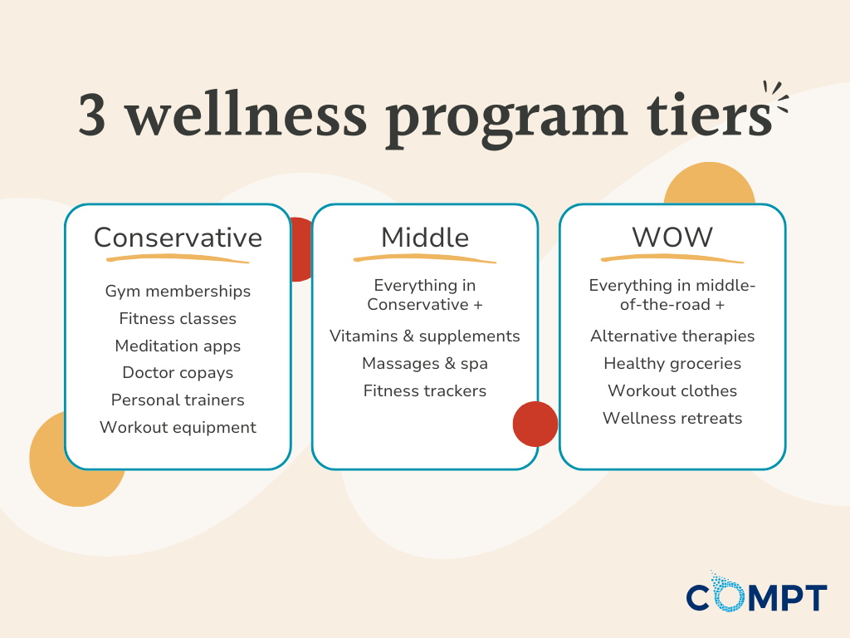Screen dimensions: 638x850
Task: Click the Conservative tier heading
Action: [178, 238]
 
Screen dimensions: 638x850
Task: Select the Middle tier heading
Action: [425, 238]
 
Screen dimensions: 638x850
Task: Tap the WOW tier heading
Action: [672, 238]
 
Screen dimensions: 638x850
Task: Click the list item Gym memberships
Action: [178, 292]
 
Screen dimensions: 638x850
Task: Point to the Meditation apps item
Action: [178, 346]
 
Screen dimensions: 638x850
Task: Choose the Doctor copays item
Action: [178, 373]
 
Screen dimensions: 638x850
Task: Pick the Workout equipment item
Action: [178, 428]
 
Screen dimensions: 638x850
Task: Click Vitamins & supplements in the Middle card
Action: [425, 336]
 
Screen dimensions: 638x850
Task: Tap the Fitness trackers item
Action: [425, 390]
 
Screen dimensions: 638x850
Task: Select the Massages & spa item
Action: [425, 364]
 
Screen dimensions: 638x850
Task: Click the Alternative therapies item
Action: [672, 336]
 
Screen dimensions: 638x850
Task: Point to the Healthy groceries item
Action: [672, 364]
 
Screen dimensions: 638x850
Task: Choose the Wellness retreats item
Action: [672, 418]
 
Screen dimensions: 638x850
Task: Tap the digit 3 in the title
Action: [93, 117]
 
